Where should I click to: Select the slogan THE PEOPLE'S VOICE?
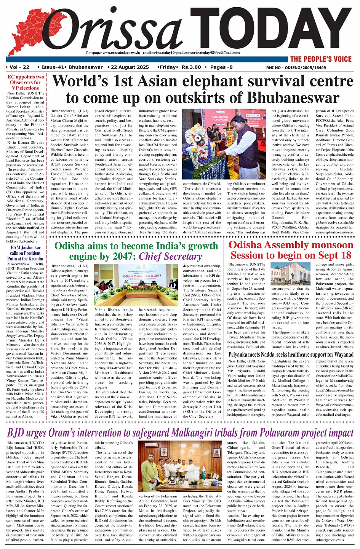[x=321, y=59]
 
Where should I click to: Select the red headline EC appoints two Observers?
[x=26, y=82]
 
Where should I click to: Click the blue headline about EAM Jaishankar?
[x=26, y=253]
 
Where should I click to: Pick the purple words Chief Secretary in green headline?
[x=170, y=257]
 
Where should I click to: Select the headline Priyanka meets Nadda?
[x=263, y=354]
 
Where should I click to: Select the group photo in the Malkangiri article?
[x=180, y=467]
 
